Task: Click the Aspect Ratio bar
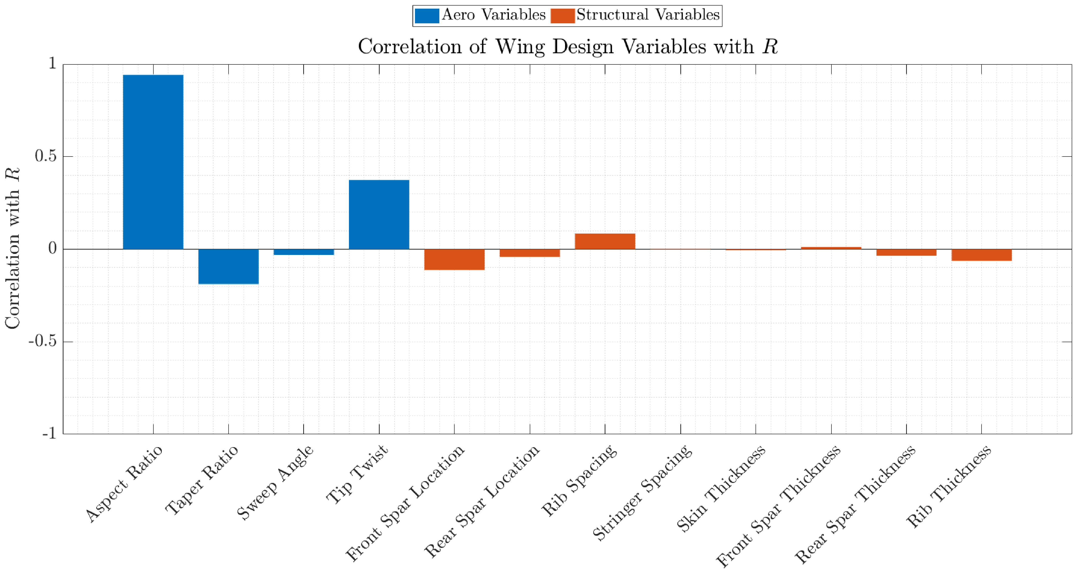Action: click(x=153, y=162)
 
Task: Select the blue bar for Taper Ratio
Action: click(x=229, y=266)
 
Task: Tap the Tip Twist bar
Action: click(x=379, y=215)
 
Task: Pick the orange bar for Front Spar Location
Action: click(x=455, y=259)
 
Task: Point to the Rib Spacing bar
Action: click(x=605, y=241)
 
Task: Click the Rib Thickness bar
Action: click(x=982, y=255)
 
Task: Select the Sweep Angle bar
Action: click(x=304, y=252)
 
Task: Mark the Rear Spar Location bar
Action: click(x=530, y=253)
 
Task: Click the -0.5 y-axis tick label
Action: click(x=42, y=341)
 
